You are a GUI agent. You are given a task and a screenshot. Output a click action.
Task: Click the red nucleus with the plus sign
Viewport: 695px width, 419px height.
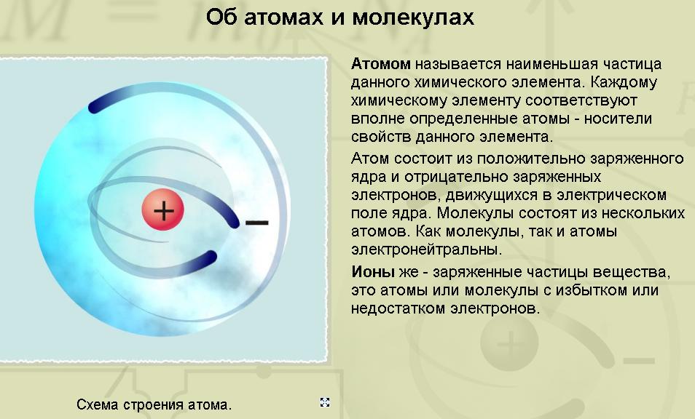163,209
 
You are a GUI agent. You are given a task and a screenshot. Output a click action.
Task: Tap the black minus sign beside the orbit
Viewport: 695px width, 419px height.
257,222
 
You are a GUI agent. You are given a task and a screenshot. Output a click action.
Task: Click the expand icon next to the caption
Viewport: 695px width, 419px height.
325,402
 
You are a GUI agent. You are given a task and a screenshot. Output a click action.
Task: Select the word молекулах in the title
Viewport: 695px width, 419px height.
413,17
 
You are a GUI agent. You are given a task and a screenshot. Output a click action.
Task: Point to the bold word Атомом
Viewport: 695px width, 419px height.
381,64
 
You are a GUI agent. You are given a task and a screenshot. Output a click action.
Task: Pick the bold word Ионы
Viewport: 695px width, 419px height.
373,271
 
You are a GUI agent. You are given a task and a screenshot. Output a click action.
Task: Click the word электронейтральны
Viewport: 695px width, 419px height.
426,250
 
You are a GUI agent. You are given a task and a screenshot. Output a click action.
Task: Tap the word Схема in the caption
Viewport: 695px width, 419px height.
98,404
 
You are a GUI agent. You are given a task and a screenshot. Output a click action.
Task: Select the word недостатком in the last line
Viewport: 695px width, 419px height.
398,308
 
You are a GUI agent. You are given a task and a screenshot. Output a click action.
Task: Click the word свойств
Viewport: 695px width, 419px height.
381,137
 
